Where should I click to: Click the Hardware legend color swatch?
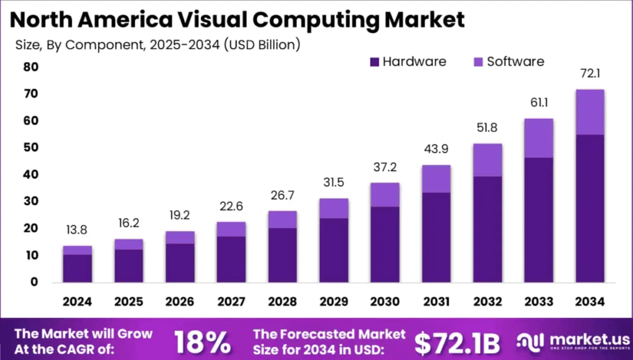click(374, 62)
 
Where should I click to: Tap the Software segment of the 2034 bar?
click(590, 112)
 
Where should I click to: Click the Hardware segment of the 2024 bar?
click(77, 268)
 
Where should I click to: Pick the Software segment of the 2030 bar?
click(385, 195)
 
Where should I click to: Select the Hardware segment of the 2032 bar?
click(487, 229)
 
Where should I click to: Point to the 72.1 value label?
click(590, 73)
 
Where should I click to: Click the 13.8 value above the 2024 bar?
click(77, 230)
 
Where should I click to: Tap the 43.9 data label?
click(436, 149)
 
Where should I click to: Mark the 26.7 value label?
click(282, 195)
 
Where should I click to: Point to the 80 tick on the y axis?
click(31, 67)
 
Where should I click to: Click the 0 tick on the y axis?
click(34, 282)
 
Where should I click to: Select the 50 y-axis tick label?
click(31, 147)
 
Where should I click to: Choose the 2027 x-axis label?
click(231, 301)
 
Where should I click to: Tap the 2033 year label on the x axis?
click(539, 301)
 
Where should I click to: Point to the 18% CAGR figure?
click(202, 342)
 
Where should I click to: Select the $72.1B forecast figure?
click(457, 343)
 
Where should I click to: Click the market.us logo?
click(574, 342)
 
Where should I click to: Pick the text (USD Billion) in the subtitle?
click(262, 45)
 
